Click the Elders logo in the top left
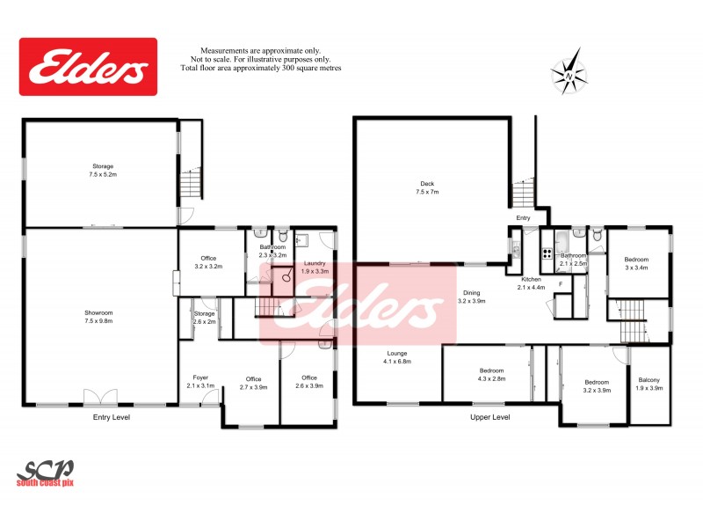pyautogui.click(x=88, y=66)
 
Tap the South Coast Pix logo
pyautogui.click(x=46, y=473)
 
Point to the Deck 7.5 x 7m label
pyautogui.click(x=427, y=187)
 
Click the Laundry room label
pyautogui.click(x=315, y=268)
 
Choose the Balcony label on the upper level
pyautogui.click(x=649, y=384)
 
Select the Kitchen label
pyautogui.click(x=533, y=282)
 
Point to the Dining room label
pyautogui.click(x=472, y=297)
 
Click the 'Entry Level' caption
pyautogui.click(x=112, y=416)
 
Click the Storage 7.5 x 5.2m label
pyautogui.click(x=104, y=170)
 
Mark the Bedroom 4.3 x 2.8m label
pyautogui.click(x=491, y=374)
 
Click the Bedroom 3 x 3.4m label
pyautogui.click(x=636, y=263)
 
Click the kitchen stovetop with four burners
pyautogui.click(x=547, y=254)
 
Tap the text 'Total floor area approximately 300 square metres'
pyautogui.click(x=260, y=68)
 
